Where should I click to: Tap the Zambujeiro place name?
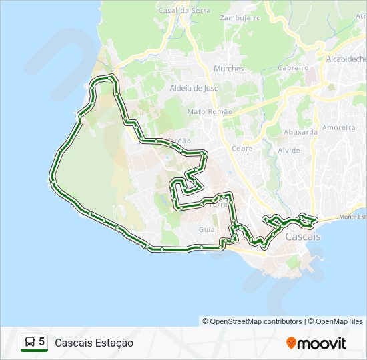[x=240, y=18]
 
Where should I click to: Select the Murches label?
[x=229, y=69]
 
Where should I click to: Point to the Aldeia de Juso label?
[x=195, y=88]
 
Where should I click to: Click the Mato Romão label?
[x=210, y=112]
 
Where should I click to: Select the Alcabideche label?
[x=346, y=59]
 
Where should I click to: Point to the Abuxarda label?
[x=300, y=132]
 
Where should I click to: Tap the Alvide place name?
[x=289, y=151]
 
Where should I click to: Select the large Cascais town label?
[x=303, y=237]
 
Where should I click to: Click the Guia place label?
[x=206, y=229]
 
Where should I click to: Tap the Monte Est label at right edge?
[x=352, y=217]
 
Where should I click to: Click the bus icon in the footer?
[x=29, y=343]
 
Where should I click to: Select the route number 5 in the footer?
[x=42, y=342]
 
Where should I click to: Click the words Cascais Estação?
[x=94, y=343]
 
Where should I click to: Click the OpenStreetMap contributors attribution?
[x=256, y=321]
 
